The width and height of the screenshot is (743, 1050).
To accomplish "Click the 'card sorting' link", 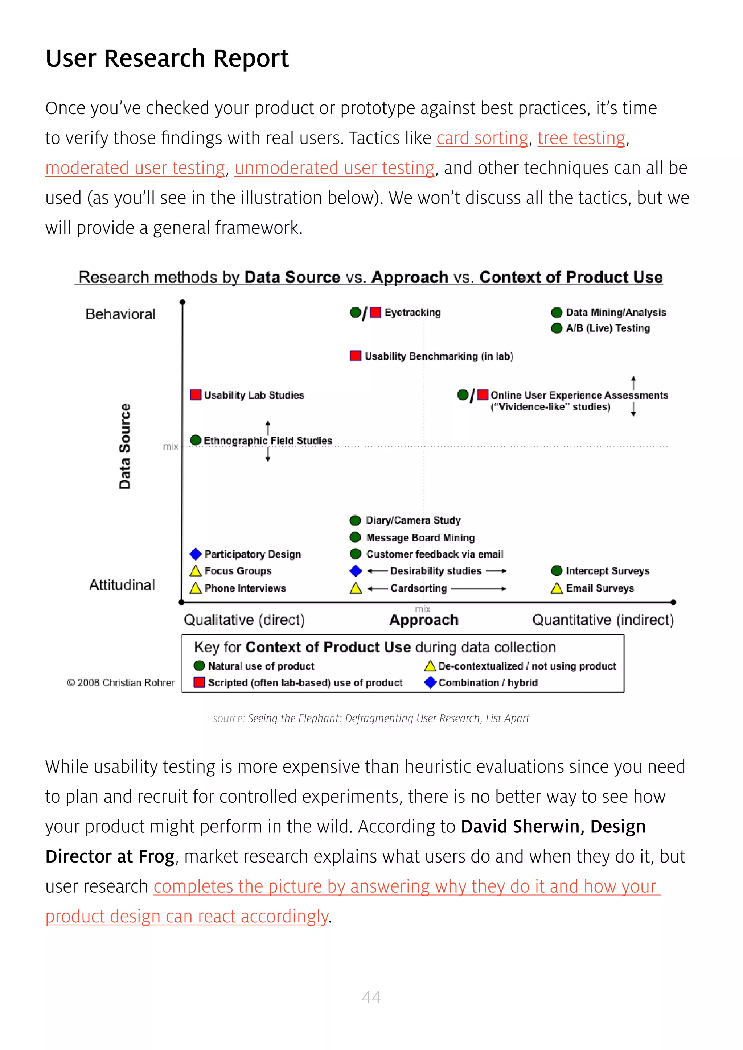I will [x=482, y=138].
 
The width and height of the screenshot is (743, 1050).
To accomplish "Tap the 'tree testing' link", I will [x=581, y=138].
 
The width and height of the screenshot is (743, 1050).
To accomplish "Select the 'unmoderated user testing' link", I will [x=334, y=168].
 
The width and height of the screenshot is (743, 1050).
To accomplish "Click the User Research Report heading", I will [x=167, y=58].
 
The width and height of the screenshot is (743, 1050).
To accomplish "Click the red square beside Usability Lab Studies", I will [x=195, y=395].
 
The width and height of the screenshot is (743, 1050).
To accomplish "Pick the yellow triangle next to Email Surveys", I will [x=556, y=588].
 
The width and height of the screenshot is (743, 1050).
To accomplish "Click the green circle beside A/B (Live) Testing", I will [x=556, y=328].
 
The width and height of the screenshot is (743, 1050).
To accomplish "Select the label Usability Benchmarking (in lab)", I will [x=439, y=356].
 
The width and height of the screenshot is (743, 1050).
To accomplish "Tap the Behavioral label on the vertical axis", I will [x=120, y=314].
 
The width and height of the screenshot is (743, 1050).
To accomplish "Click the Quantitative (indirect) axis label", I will [x=603, y=620].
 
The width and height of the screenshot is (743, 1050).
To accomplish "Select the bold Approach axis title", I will [x=424, y=620].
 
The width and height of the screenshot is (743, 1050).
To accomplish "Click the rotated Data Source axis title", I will [x=124, y=446].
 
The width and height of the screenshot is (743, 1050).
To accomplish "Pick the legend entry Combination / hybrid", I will [x=488, y=683].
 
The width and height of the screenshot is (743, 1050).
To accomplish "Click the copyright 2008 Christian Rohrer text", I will [x=121, y=683].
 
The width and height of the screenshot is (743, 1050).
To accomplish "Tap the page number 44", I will [x=371, y=997].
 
